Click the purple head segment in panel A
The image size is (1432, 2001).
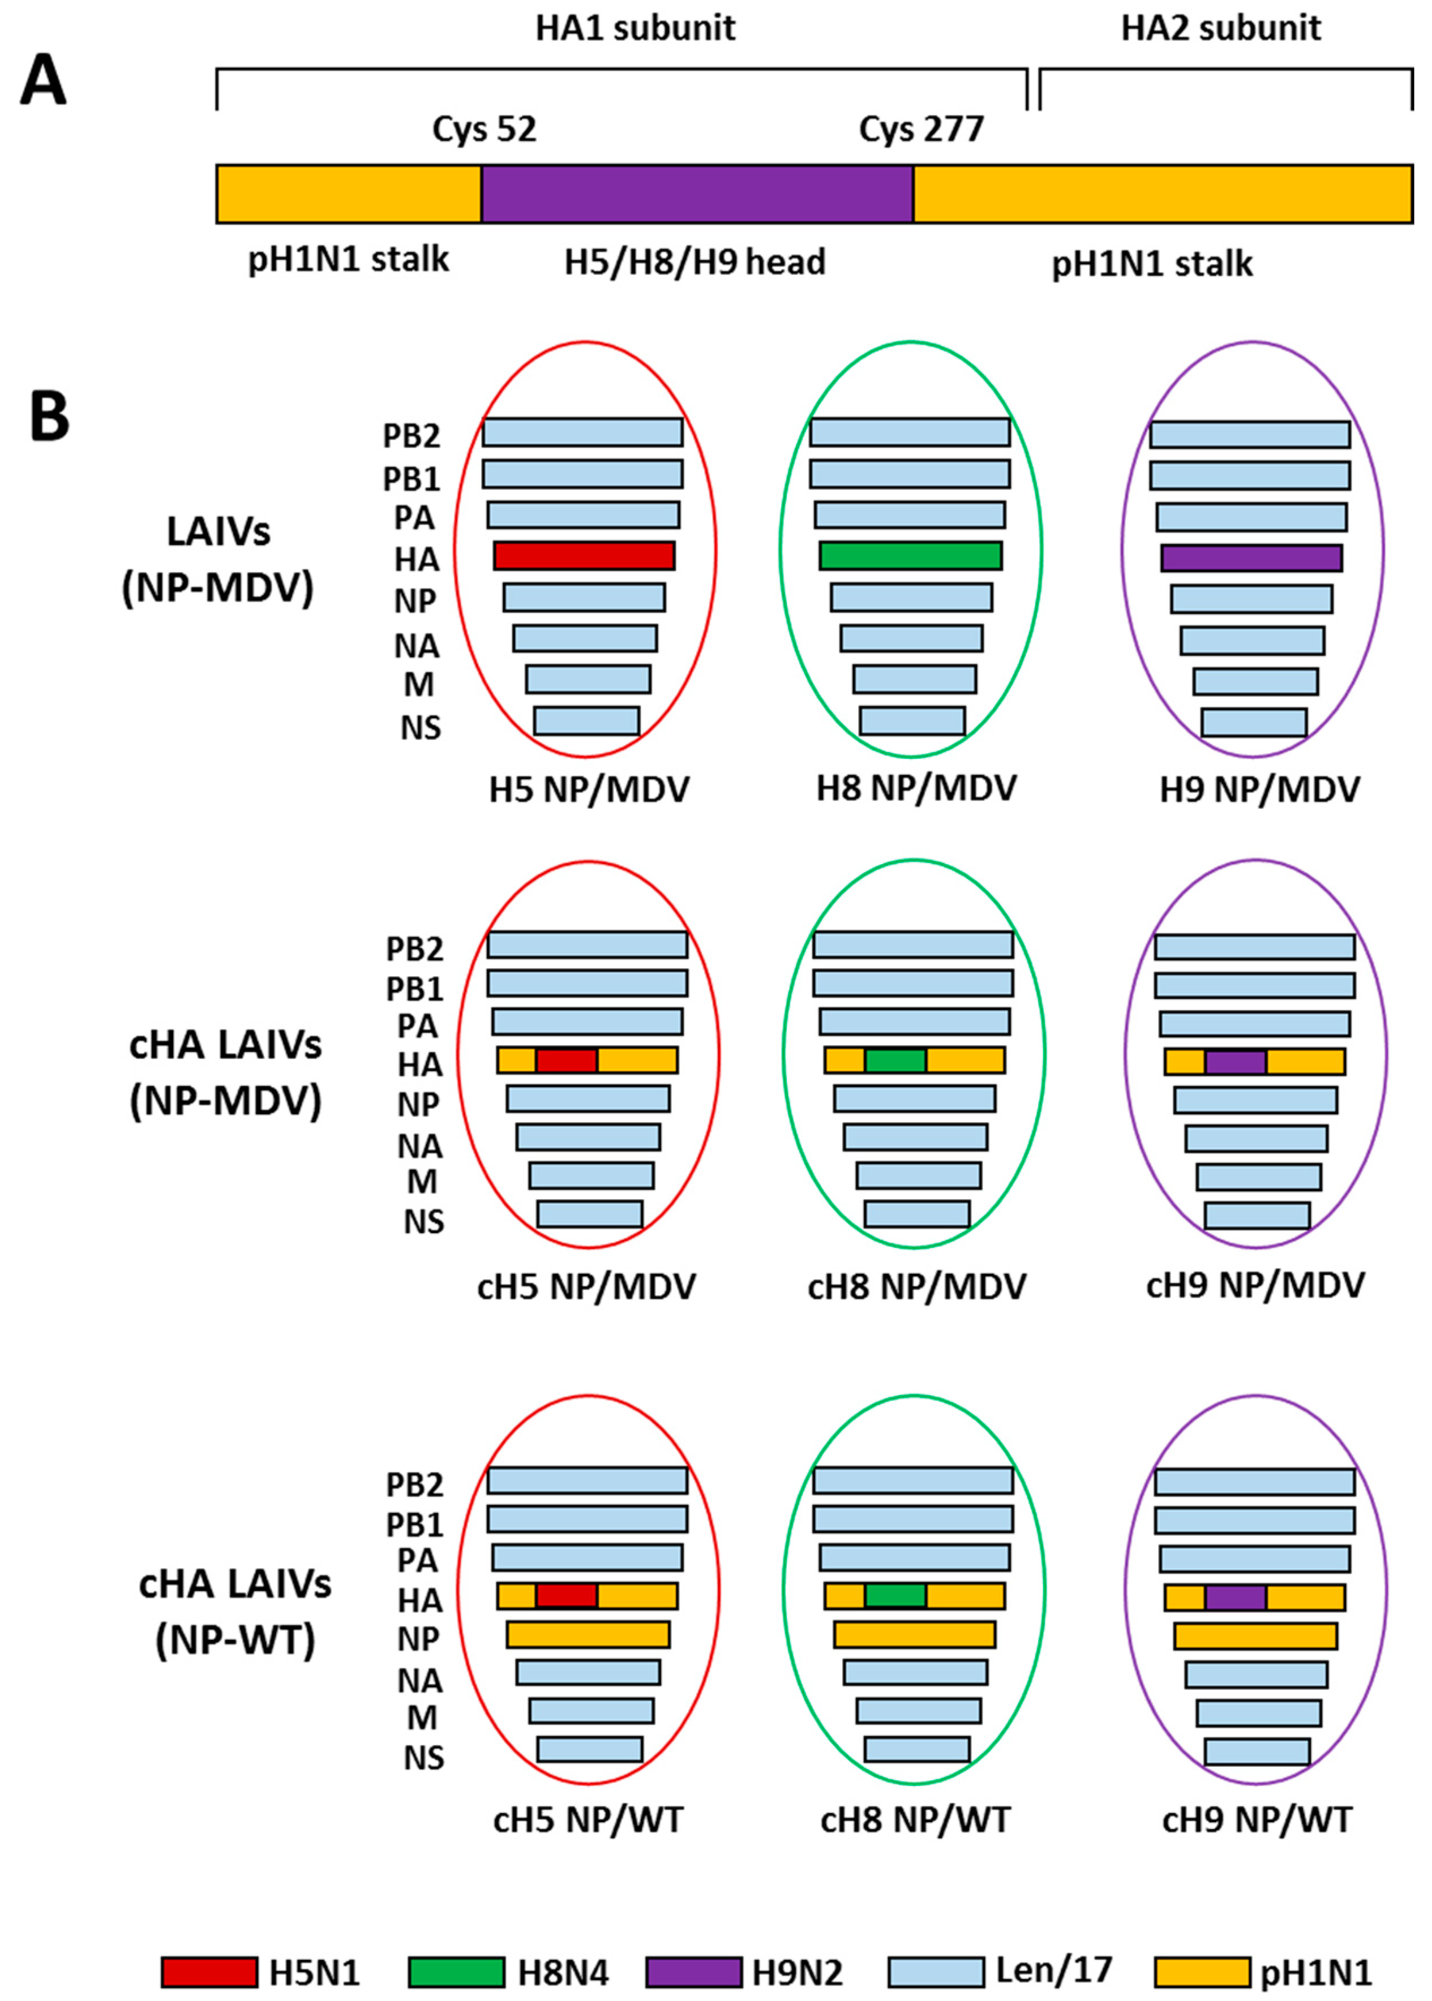697,193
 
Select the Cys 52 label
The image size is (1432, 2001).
483,130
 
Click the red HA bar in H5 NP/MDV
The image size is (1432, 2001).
584,555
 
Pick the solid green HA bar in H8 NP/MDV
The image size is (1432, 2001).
910,555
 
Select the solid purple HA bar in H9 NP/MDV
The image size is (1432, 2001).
1251,557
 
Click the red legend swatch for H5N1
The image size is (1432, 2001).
209,1972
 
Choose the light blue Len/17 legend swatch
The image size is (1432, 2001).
936,1972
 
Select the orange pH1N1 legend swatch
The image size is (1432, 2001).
1202,1972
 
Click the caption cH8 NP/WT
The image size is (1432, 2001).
915,1819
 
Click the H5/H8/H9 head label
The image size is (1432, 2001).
695,262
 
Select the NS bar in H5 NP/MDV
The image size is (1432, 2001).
586,720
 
